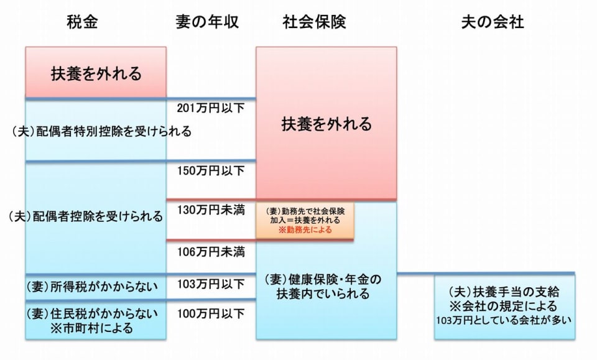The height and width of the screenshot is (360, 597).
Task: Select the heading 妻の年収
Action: point(208,22)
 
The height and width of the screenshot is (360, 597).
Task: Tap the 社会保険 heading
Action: point(314,22)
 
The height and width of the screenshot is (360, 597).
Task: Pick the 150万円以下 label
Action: point(211,170)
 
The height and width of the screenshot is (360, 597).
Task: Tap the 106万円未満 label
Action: point(211,252)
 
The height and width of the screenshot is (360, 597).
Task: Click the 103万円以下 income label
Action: point(211,285)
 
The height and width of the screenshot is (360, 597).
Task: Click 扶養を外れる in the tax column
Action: point(96,74)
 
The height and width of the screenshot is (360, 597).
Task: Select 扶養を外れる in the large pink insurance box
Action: point(326,124)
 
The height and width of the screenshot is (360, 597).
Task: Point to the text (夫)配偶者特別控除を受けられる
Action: point(101,132)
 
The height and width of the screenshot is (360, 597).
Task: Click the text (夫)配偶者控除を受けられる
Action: point(88,216)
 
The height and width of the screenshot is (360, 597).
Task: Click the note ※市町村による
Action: point(93,328)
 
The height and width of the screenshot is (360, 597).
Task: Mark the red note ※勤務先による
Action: point(305,229)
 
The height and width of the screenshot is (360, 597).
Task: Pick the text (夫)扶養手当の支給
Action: point(504,292)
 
